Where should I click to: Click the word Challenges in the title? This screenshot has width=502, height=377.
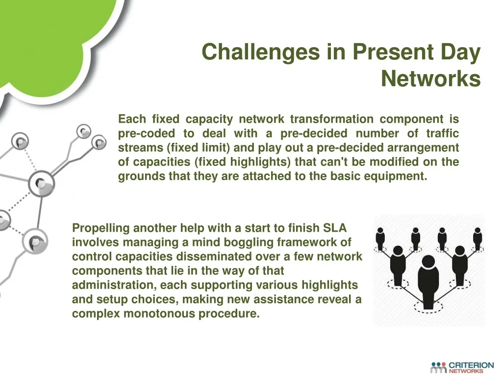[x=261, y=52]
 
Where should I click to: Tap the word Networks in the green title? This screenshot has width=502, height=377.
[x=430, y=79]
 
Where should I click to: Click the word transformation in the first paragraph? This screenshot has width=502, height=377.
[x=332, y=119]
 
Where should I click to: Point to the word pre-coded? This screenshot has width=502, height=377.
[x=146, y=134]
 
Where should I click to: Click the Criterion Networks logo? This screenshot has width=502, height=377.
[x=462, y=367]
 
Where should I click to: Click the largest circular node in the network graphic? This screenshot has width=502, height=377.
[x=41, y=184]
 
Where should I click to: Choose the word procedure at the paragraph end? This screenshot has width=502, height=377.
[x=229, y=314]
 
